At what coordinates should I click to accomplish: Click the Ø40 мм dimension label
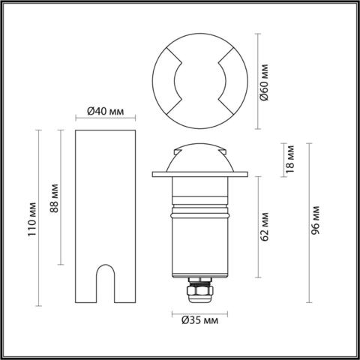coord(105,110)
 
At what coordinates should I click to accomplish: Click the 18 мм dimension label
coord(292,159)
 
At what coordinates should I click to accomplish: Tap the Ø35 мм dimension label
coord(199,322)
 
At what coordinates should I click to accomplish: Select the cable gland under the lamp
coord(199,289)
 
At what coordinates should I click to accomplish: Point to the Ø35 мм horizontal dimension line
coord(199,311)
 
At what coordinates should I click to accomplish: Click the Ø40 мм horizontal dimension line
coord(106,118)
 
